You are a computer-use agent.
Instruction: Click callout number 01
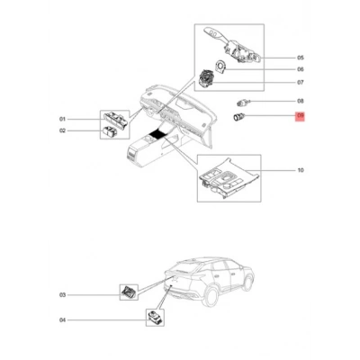pyautogui.click(x=62, y=119)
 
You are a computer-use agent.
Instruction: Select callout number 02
pyautogui.click(x=62, y=130)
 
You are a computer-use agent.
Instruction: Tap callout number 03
pyautogui.click(x=62, y=295)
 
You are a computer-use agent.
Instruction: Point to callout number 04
pyautogui.click(x=62, y=320)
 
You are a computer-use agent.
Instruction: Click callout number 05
pyautogui.click(x=301, y=58)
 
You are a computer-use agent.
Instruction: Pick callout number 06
pyautogui.click(x=301, y=69)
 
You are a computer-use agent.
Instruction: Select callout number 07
pyautogui.click(x=301, y=82)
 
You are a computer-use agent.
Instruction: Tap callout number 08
pyautogui.click(x=301, y=101)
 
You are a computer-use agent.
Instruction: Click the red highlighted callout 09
pyautogui.click(x=300, y=116)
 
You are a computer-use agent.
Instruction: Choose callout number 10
pyautogui.click(x=301, y=170)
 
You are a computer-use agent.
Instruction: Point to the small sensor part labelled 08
pyautogui.click(x=242, y=103)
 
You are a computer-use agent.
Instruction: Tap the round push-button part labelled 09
pyautogui.click(x=239, y=117)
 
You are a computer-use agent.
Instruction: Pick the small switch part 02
pyautogui.click(x=110, y=130)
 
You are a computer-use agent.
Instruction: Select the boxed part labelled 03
pyautogui.click(x=129, y=292)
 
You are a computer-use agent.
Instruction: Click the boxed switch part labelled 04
pyautogui.click(x=155, y=318)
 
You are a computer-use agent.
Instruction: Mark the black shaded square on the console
pyautogui.click(x=157, y=133)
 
